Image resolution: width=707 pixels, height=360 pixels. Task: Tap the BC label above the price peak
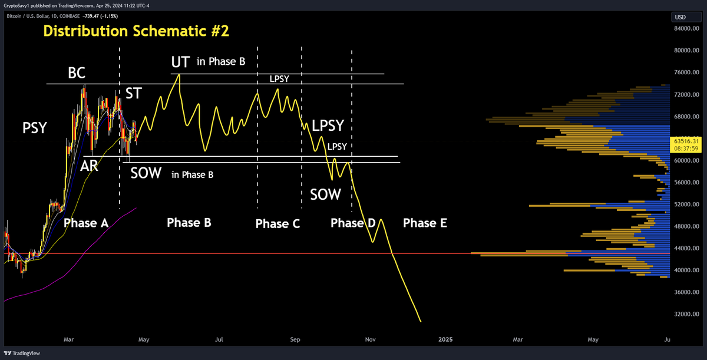coord(77,74)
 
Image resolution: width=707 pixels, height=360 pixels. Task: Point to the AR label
coord(89,167)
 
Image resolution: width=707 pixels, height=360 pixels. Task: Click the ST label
coord(133,93)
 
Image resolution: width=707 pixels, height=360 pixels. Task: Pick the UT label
coord(180,62)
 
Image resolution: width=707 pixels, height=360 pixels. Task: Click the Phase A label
coord(86,223)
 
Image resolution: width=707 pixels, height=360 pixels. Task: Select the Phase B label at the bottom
coord(189,223)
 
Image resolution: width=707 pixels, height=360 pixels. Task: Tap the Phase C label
coord(277,224)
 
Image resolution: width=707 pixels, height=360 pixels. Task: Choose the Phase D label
coord(353,223)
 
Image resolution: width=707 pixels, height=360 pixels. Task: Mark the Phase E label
coord(425,223)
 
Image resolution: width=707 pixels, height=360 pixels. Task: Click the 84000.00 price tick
coord(686,28)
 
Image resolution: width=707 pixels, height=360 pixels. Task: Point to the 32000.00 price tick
coord(686,315)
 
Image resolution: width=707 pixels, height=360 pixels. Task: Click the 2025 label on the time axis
coord(445,339)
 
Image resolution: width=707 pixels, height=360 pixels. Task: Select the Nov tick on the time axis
coord(371,339)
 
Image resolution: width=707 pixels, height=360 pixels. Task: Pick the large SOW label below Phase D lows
coord(325,194)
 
